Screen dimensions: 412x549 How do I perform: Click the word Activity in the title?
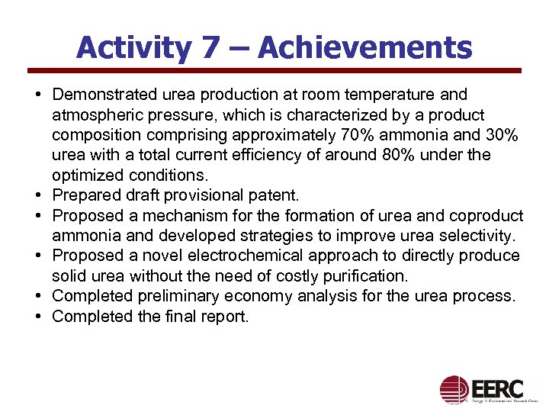click(x=133, y=48)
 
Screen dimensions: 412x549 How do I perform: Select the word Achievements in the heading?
click(x=365, y=48)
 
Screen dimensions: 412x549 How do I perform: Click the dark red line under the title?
click(x=274, y=71)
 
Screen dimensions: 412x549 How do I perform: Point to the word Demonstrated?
click(x=106, y=95)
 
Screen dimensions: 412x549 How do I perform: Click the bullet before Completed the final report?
click(x=37, y=316)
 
